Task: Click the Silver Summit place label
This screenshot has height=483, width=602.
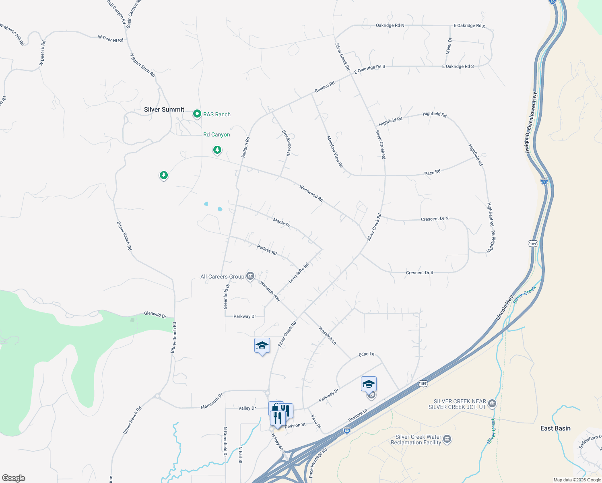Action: [164, 109]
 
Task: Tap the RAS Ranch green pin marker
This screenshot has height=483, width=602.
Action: [197, 114]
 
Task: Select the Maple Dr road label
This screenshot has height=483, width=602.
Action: [282, 222]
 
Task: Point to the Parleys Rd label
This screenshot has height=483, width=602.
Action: [267, 250]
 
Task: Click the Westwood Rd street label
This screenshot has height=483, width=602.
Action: [311, 193]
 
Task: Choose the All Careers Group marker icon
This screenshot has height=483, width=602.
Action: [250, 276]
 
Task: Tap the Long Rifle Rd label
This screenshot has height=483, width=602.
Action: [299, 273]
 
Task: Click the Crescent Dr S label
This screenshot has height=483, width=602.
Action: [419, 272]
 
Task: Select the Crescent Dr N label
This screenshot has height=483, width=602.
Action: [435, 219]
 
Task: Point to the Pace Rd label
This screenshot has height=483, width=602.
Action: [432, 173]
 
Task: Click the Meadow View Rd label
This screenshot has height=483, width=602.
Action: [335, 152]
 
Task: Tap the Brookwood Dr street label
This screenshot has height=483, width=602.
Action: [286, 143]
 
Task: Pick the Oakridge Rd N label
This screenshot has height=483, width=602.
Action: [390, 25]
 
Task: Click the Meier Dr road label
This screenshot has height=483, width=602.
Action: [449, 46]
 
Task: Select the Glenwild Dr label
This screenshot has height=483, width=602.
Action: [155, 315]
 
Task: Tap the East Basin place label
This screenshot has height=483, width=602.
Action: [555, 428]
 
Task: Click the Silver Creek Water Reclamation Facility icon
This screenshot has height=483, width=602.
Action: [447, 439]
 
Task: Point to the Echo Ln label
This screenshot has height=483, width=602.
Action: [367, 354]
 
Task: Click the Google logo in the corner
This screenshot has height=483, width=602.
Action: [14, 478]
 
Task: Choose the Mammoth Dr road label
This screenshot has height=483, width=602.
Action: [212, 402]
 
